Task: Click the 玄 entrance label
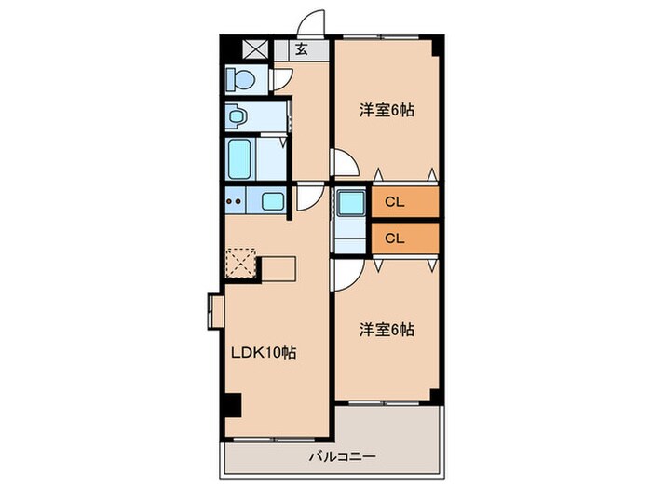(x=302, y=50)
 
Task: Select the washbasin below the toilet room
(x=238, y=118)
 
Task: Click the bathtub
(x=242, y=158)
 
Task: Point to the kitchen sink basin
(x=272, y=200)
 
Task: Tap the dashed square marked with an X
(x=241, y=263)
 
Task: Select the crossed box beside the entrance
(x=253, y=50)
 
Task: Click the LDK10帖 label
(x=264, y=353)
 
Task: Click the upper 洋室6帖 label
(x=387, y=110)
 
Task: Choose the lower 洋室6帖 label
(x=387, y=329)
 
